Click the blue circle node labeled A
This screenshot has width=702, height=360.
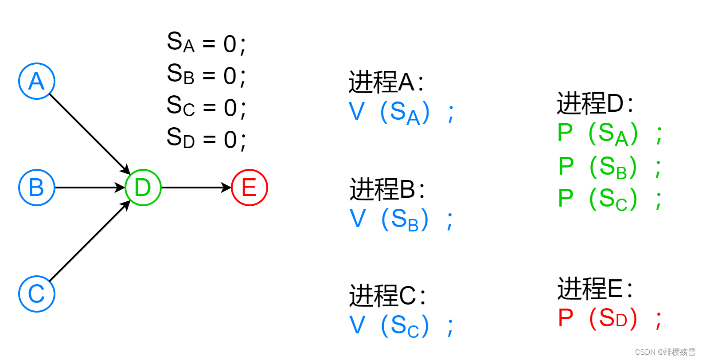[37, 81]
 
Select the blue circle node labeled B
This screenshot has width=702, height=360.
[37, 188]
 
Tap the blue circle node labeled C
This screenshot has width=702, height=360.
[37, 294]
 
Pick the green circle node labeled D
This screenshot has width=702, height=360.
[143, 188]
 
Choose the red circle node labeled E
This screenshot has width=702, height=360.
[250, 188]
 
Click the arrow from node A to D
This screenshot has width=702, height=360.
[89, 133]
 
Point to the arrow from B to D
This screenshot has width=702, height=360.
[89, 188]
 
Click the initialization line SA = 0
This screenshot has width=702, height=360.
[206, 43]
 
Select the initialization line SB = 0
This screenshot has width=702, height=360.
[206, 75]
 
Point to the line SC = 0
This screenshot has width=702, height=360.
[206, 107]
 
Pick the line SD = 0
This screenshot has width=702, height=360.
[206, 139]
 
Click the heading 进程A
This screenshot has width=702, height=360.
[386, 82]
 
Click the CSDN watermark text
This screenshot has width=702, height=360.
[665, 352]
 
